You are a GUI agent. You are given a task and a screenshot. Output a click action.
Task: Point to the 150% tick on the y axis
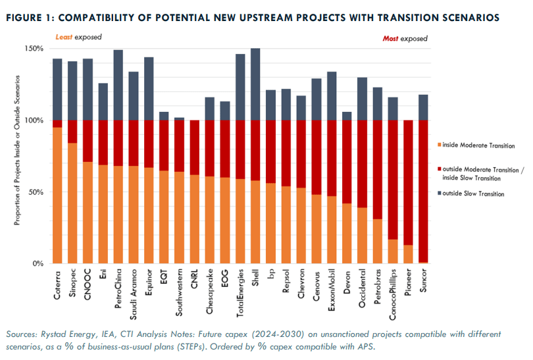[x=34, y=49]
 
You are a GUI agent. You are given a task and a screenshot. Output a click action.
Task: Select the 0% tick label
[x=38, y=263]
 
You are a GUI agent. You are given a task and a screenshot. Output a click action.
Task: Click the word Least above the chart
[x=63, y=38]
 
